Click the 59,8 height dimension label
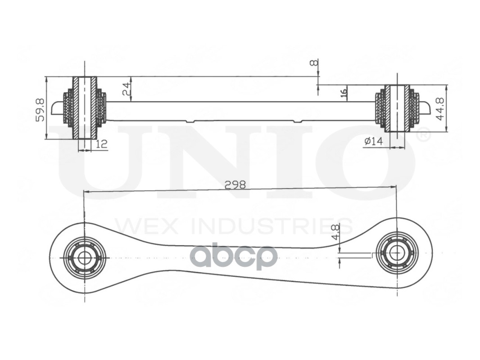click(40, 110)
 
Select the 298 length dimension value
click(235, 185)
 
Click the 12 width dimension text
click(102, 144)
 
